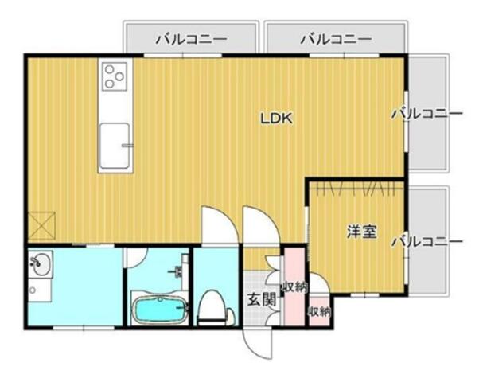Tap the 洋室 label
coord(361,232)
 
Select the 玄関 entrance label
coord(260,300)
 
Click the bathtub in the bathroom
coord(159,309)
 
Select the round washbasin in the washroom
coord(38,263)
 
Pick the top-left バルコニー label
coord(191,38)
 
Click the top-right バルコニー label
coord(336,38)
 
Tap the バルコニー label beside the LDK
coord(427,114)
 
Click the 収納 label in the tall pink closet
coord(294,287)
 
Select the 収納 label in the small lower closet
coord(319,310)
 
